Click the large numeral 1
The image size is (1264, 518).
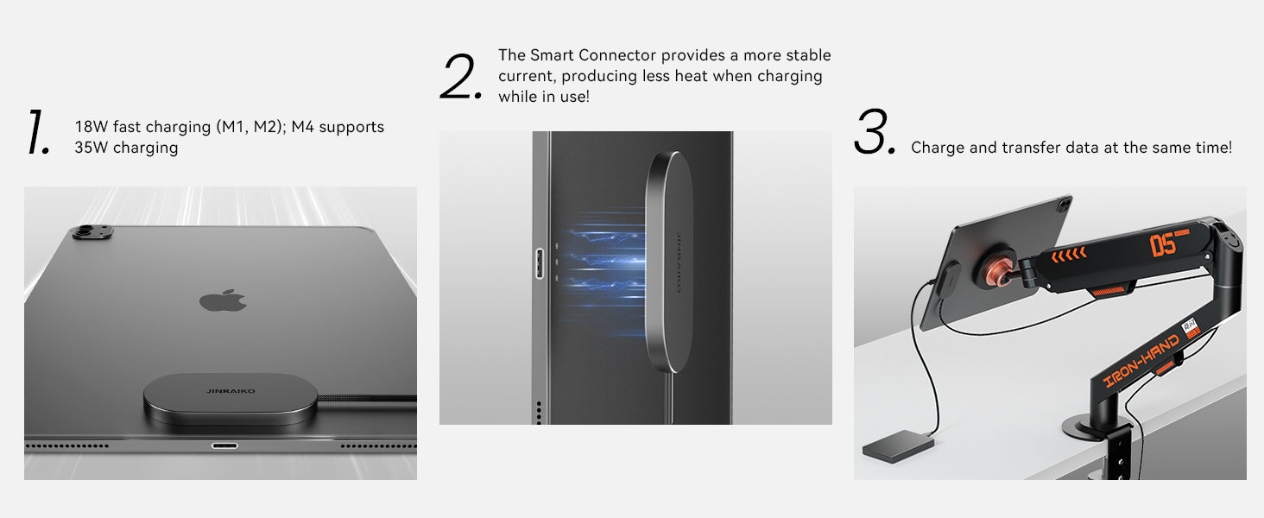(38, 133)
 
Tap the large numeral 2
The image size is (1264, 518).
(460, 78)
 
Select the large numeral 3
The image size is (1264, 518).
(874, 132)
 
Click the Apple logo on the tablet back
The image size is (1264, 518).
(223, 300)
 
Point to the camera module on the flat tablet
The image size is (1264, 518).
(92, 232)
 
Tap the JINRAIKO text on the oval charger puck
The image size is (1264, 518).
(231, 391)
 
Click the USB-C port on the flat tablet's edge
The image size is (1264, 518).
(224, 445)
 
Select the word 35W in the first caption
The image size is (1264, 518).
(92, 148)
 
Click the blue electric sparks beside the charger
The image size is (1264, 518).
(607, 260)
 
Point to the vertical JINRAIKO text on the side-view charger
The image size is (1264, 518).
(679, 261)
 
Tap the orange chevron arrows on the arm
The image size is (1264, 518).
(1069, 255)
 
